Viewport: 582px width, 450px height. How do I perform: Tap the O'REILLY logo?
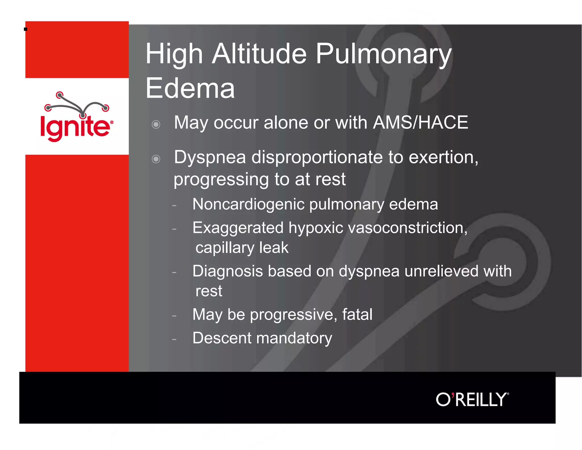(x=472, y=399)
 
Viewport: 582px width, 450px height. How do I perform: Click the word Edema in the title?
(x=190, y=88)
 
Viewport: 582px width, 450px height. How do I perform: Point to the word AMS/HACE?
(x=420, y=123)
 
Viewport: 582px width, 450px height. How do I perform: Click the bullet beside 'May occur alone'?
(x=156, y=124)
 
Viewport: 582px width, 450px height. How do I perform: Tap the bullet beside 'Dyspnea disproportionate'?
(x=156, y=159)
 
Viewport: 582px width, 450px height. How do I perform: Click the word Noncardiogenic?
(x=248, y=205)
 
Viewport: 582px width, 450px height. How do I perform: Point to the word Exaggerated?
(x=238, y=228)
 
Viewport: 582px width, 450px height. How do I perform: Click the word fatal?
(x=357, y=315)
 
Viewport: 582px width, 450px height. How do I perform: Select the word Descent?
(x=222, y=338)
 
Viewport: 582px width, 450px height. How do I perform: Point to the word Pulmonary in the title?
(x=383, y=54)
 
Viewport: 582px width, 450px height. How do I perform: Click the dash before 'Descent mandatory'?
(x=174, y=339)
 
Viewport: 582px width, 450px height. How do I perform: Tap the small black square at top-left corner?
(x=26, y=29)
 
